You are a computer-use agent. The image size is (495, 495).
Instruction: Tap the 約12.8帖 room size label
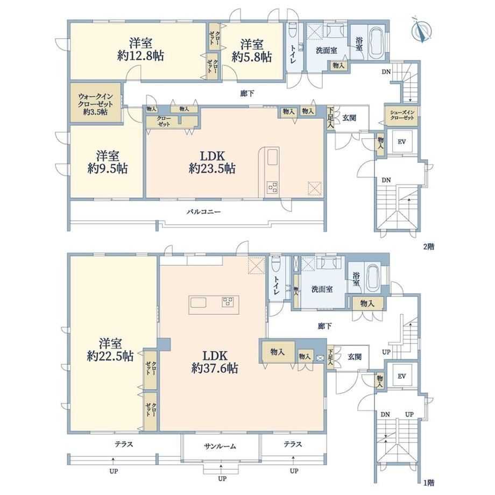coord(140,56)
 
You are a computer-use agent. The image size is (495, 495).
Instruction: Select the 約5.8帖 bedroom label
coord(252,57)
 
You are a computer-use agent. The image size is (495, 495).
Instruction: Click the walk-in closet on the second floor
coord(95,103)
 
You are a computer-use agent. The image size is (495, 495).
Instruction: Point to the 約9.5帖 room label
coord(108,169)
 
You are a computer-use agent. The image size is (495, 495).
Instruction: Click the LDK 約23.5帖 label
coord(212,162)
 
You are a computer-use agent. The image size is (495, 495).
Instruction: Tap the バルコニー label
coord(203,212)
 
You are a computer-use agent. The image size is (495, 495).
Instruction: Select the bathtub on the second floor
coord(376,41)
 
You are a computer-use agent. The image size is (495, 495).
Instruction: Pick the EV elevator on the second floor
coord(401,142)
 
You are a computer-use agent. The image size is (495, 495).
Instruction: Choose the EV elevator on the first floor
coord(401,376)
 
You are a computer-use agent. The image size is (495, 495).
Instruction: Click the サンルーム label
coord(220,446)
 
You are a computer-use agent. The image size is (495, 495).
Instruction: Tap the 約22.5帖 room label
coord(110,356)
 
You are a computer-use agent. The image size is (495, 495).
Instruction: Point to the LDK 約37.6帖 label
coord(215,362)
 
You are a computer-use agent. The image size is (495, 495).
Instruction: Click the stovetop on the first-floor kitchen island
coord(228,302)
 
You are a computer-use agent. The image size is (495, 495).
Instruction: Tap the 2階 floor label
coord(429,246)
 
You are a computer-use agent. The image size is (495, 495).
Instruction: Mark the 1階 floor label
coord(429,483)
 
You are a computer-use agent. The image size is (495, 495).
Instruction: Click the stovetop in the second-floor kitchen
coord(272,187)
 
